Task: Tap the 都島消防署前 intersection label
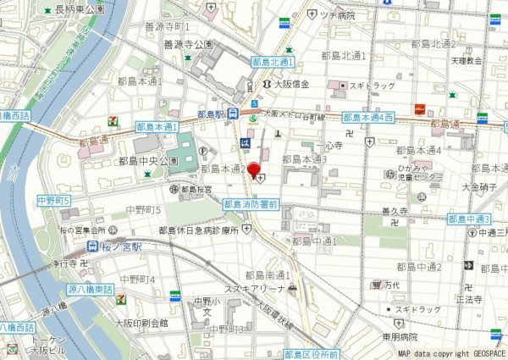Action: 251,204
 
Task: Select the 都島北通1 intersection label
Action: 273,63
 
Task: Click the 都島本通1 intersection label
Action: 157,126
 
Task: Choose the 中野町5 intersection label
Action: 53,201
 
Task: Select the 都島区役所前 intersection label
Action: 311,354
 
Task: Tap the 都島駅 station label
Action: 212,114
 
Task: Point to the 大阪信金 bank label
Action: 290,84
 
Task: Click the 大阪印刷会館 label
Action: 141,323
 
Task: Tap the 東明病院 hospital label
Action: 400,336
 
